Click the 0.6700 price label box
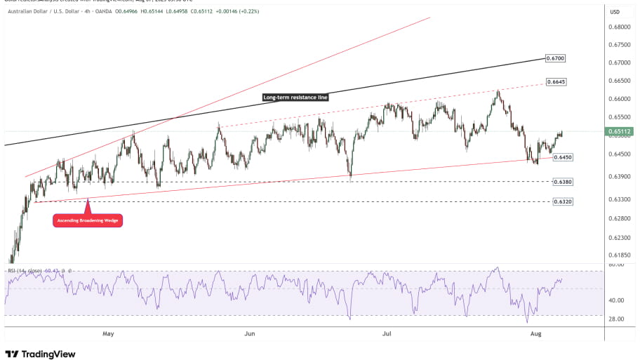[x=555, y=58]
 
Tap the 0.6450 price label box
[x=564, y=158]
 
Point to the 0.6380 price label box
[x=563, y=182]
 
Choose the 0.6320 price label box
[x=563, y=201]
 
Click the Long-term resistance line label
[x=295, y=98]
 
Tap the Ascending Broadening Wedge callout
[x=88, y=220]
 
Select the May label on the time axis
[x=108, y=335]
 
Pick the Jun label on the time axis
[x=249, y=335]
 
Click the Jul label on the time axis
[x=386, y=335]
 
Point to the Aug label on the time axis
[x=535, y=335]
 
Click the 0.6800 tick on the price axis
[x=620, y=27]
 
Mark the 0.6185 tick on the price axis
[x=620, y=255]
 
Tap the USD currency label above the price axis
[x=615, y=12]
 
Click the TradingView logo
[x=40, y=354]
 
